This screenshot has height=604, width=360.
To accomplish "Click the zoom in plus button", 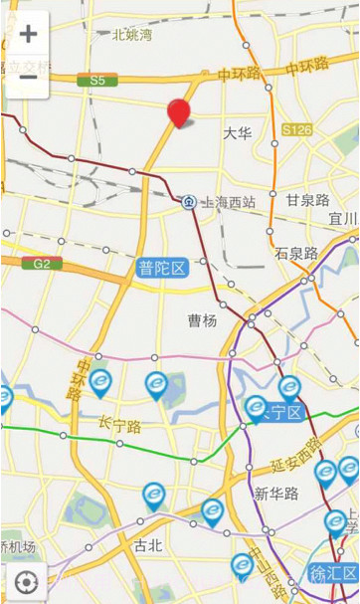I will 28,33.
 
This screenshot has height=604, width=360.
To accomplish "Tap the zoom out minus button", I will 28,76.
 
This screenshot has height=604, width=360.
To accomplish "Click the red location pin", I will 179,113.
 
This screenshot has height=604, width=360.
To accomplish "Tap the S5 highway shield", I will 96,80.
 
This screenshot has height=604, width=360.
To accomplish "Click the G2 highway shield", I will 42,264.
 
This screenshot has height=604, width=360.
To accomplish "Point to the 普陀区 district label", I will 162,268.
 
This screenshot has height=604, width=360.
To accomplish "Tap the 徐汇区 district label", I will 333,574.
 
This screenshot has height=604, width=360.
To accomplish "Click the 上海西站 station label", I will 228,202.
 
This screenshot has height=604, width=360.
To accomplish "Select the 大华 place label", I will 237,132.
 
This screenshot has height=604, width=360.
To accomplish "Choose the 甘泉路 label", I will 307,200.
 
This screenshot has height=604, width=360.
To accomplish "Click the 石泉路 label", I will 296,253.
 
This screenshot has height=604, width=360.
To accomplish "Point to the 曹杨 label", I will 202,320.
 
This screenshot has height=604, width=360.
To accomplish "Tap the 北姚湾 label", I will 132,35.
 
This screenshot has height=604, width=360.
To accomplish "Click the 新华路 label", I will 274,494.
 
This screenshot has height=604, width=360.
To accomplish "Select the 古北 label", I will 147,545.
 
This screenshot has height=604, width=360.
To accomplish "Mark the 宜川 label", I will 343,219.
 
